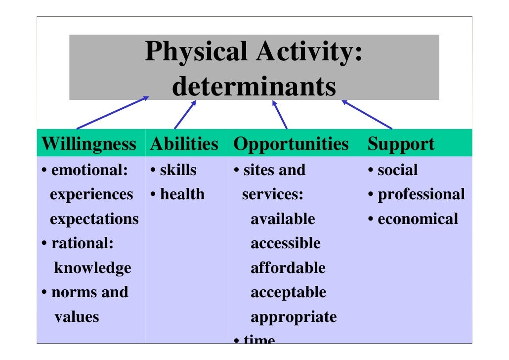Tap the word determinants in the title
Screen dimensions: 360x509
pyautogui.click(x=254, y=87)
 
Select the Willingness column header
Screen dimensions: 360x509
pyautogui.click(x=89, y=144)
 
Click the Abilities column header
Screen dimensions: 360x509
pyautogui.click(x=184, y=144)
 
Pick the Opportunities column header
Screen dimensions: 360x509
pyautogui.click(x=291, y=144)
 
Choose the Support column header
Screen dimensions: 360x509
pyautogui.click(x=401, y=144)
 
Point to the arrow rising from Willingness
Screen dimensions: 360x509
pyautogui.click(x=113, y=113)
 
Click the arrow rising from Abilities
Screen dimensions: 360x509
pyautogui.click(x=185, y=115)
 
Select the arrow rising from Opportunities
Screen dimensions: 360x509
pyautogui.click(x=280, y=115)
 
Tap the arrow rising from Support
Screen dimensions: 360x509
pyautogui.click(x=367, y=115)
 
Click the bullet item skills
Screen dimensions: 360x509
pyautogui.click(x=178, y=170)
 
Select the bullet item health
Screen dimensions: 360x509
pyautogui.click(x=182, y=194)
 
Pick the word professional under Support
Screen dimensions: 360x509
pyautogui.click(x=421, y=194)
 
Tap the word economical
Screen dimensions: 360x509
pyautogui.click(x=418, y=219)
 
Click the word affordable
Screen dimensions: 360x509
pyautogui.click(x=288, y=268)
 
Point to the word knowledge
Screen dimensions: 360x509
pyautogui.click(x=92, y=268)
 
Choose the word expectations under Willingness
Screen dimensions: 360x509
pyautogui.click(x=94, y=219)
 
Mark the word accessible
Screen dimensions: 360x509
pyautogui.click(x=285, y=243)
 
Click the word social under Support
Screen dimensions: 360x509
pyautogui.click(x=397, y=170)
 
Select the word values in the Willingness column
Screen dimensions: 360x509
pyautogui.click(x=77, y=316)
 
